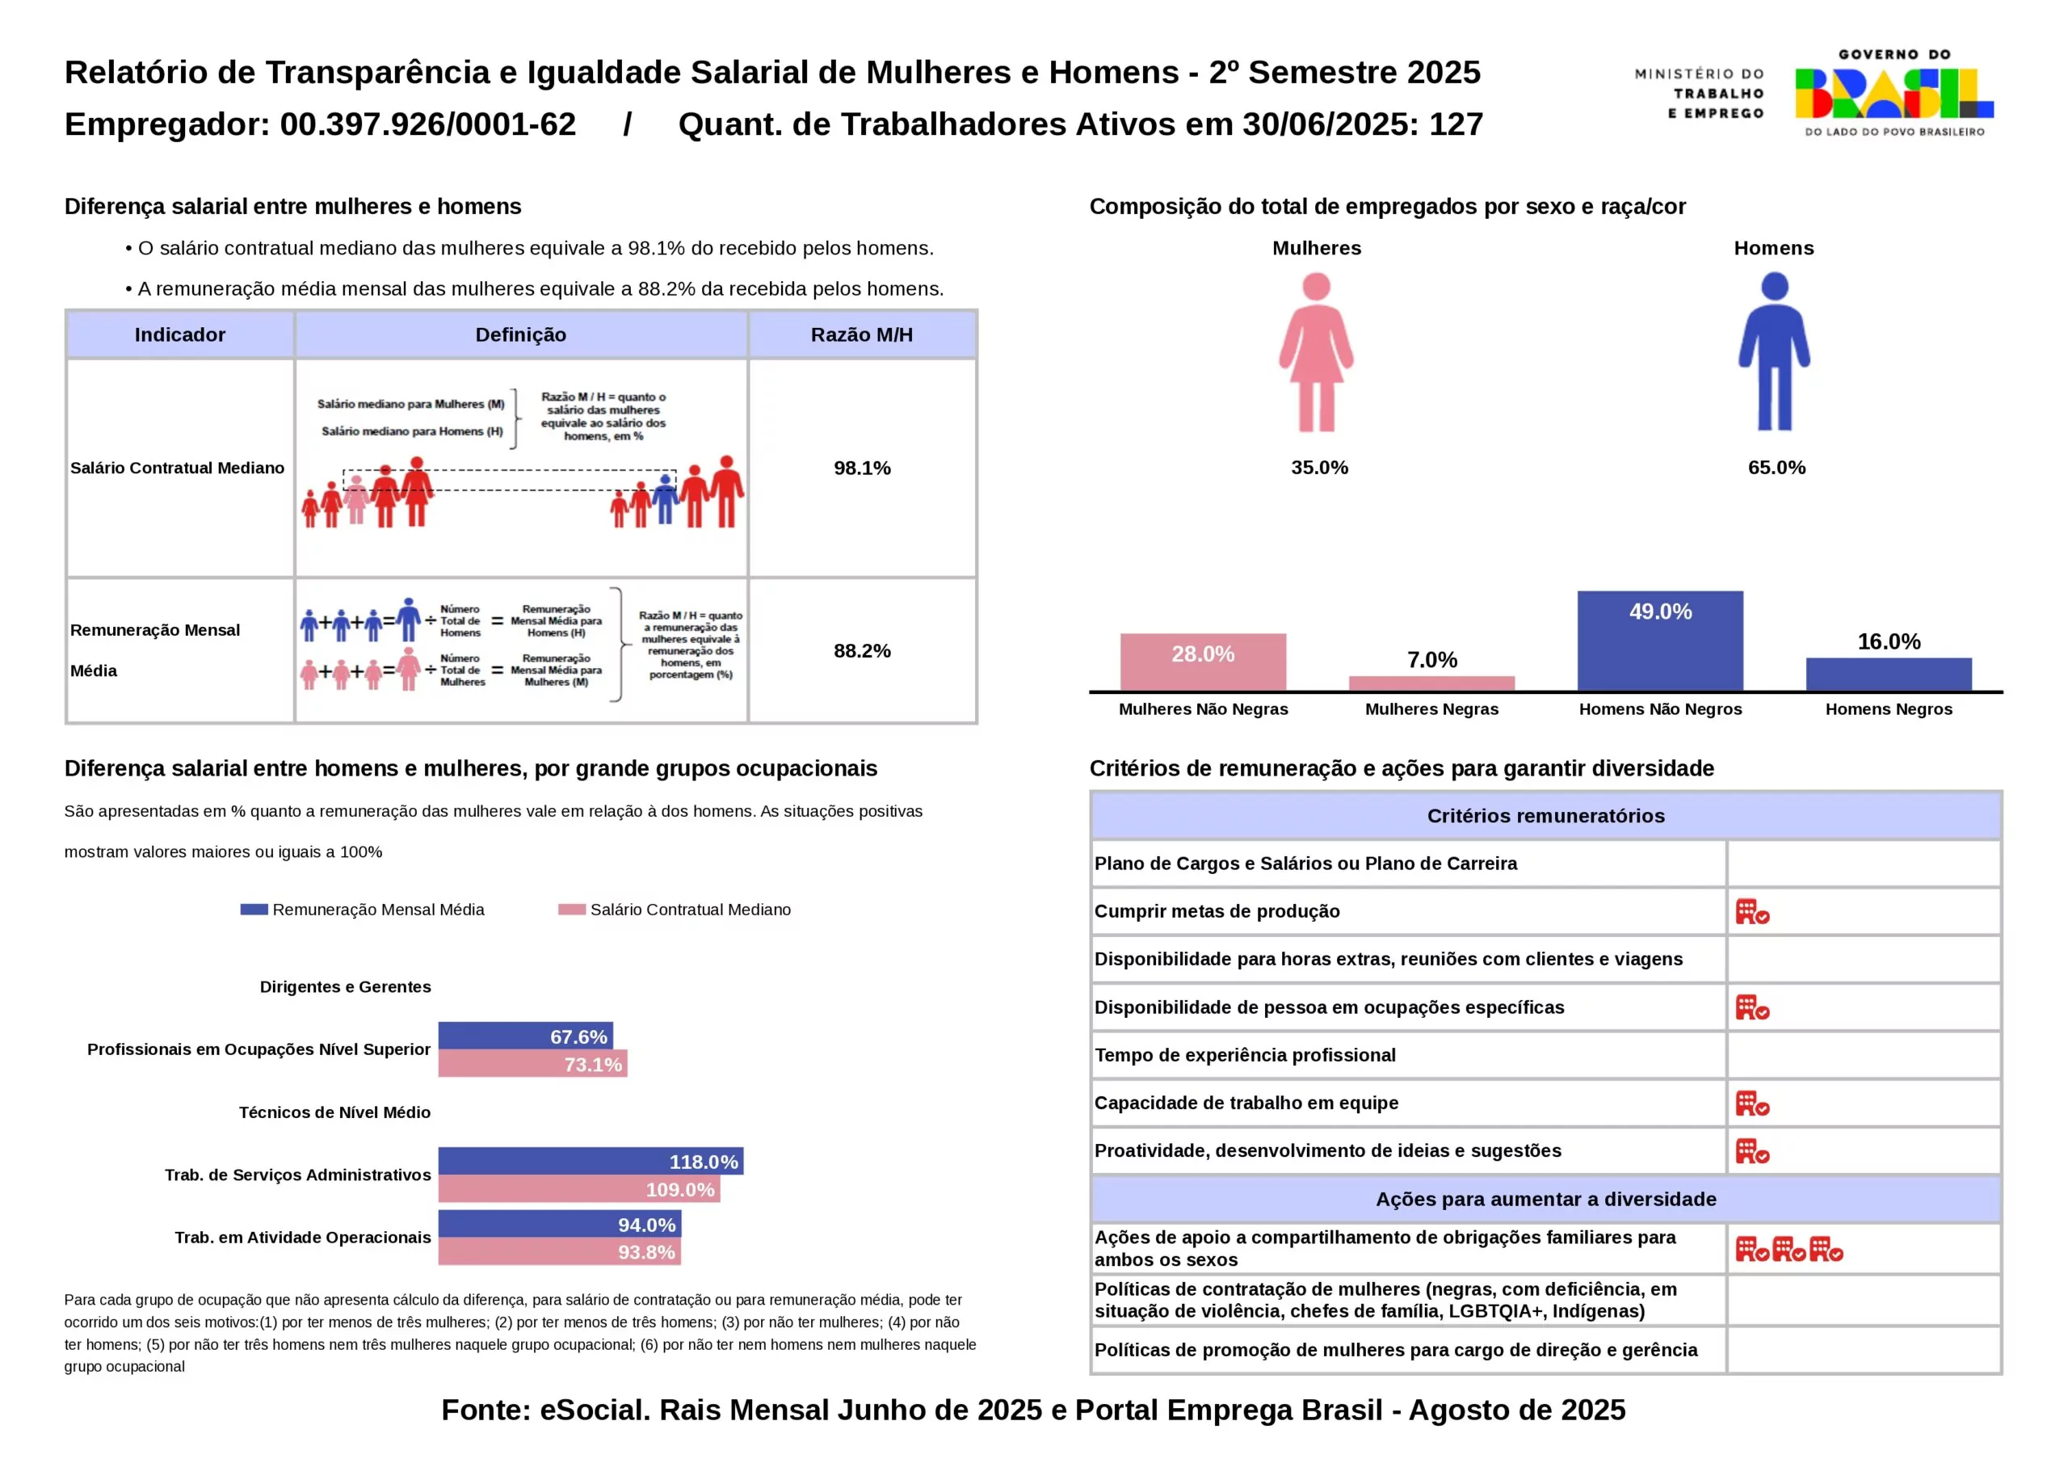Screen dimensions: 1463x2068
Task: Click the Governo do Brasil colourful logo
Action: [x=1894, y=94]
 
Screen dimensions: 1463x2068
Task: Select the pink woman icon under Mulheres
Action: [x=1316, y=352]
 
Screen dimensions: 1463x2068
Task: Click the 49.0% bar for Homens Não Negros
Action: [x=1660, y=641]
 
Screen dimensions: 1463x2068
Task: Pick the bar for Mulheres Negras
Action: [x=1431, y=683]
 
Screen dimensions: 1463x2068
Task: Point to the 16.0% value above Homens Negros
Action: [x=1889, y=641]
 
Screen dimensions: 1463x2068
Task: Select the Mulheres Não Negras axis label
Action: [x=1204, y=709]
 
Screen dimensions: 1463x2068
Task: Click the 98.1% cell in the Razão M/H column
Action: [x=862, y=468]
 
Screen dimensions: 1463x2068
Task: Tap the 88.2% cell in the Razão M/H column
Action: [x=862, y=650]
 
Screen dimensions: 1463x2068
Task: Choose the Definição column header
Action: [x=520, y=335]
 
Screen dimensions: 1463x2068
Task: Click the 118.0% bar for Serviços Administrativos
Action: [x=591, y=1161]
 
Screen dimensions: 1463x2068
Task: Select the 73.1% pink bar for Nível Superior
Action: [x=532, y=1064]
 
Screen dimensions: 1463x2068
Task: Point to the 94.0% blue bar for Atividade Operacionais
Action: [x=559, y=1224]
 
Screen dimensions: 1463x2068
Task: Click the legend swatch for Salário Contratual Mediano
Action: [x=572, y=910]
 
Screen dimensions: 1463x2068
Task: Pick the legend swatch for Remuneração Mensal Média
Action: [x=254, y=910]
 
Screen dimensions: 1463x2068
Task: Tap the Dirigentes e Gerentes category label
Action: [x=345, y=986]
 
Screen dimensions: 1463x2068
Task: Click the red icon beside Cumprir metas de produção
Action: [x=1752, y=912]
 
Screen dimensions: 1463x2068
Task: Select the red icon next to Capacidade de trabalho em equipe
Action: [x=1752, y=1104]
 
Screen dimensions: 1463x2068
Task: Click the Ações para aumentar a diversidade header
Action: [x=1545, y=1199]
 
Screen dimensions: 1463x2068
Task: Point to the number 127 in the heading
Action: [x=1456, y=124]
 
